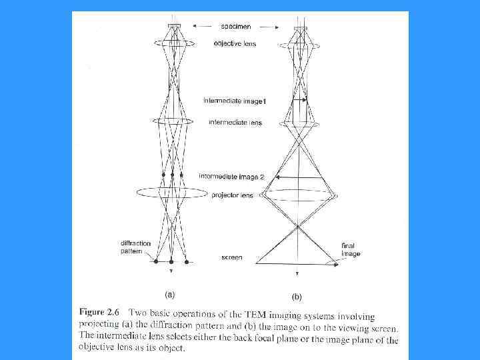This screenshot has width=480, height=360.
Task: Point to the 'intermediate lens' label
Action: point(235,123)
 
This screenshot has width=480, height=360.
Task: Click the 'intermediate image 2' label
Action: point(231,177)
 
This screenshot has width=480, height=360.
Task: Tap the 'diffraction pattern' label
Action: point(136,247)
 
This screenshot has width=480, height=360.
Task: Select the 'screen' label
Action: point(231,257)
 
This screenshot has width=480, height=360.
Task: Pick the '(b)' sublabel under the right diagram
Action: point(297,295)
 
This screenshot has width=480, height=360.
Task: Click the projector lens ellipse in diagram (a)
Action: point(172,192)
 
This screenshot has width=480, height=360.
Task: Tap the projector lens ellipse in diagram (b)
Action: point(298,195)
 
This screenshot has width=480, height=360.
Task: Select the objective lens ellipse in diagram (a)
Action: point(173,41)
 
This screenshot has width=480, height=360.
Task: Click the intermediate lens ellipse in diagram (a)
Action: point(173,121)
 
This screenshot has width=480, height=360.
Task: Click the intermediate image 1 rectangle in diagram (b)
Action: point(299,111)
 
